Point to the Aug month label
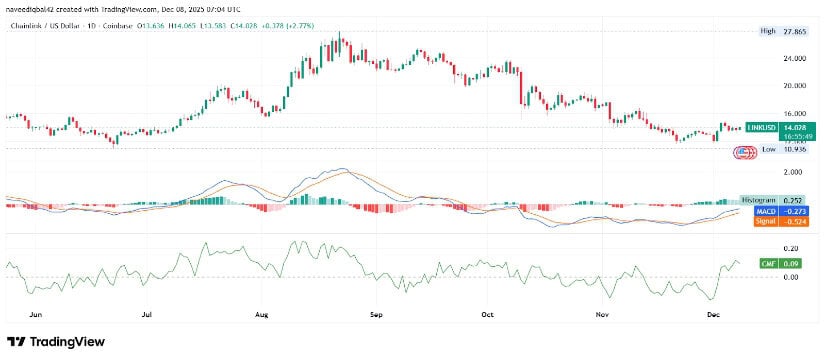(263, 313)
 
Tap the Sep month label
(378, 313)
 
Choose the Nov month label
(603, 313)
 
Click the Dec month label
(713, 313)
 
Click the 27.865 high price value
(796, 31)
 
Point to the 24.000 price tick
(796, 58)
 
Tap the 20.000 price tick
(796, 87)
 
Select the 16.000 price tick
(796, 115)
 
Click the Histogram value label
(781, 201)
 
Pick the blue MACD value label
(781, 211)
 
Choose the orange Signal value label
(781, 220)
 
